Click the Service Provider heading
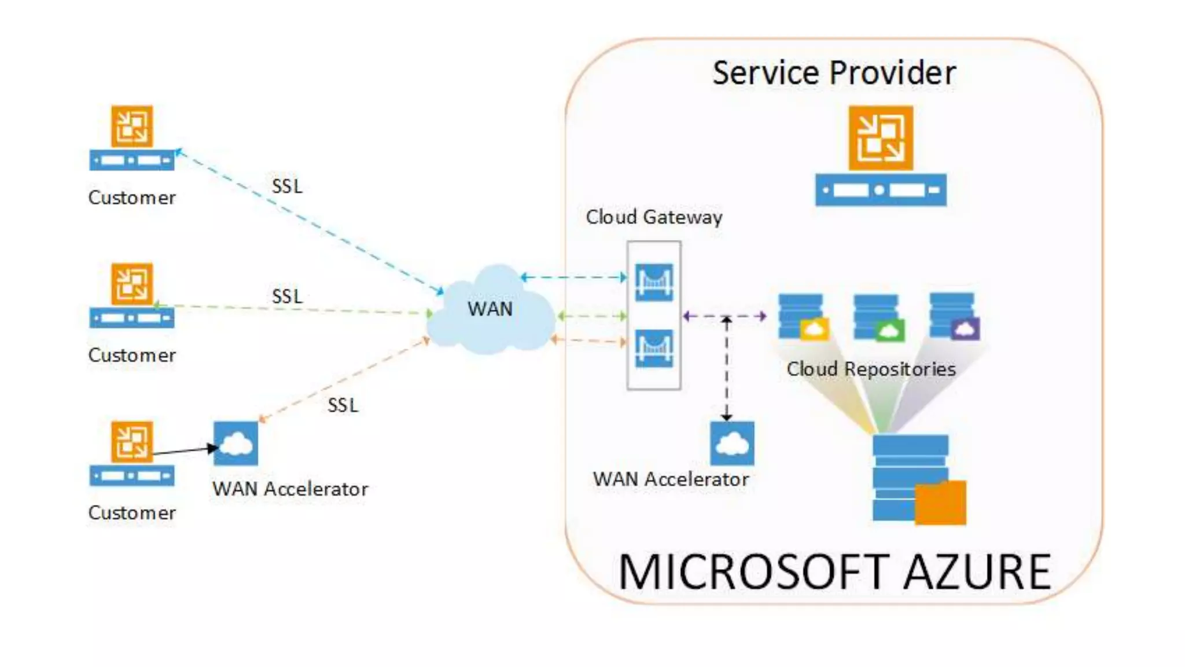pyautogui.click(x=833, y=74)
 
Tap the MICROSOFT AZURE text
pyautogui.click(x=834, y=572)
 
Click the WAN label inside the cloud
pyautogui.click(x=490, y=309)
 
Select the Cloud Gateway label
pyautogui.click(x=654, y=217)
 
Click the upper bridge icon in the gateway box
pyautogui.click(x=654, y=283)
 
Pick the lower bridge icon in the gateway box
pyautogui.click(x=654, y=348)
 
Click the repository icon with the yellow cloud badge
pyautogui.click(x=803, y=317)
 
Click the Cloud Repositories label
pyautogui.click(x=871, y=369)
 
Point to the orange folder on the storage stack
pyautogui.click(x=940, y=503)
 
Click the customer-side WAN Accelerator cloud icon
pyautogui.click(x=235, y=444)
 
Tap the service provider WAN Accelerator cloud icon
pyautogui.click(x=732, y=444)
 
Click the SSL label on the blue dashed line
pyautogui.click(x=287, y=186)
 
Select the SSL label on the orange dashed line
pyautogui.click(x=343, y=405)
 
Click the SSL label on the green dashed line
pyautogui.click(x=287, y=296)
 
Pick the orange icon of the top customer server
pyautogui.click(x=132, y=126)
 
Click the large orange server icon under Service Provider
pyautogui.click(x=881, y=138)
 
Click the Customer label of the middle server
pyautogui.click(x=132, y=355)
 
